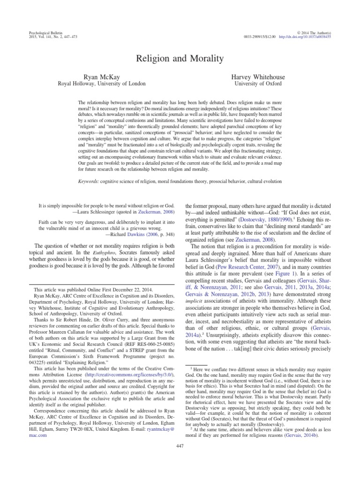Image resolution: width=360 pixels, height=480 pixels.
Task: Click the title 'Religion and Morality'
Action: [x=180, y=59]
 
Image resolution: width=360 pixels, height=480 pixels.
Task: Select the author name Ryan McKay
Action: [x=101, y=75]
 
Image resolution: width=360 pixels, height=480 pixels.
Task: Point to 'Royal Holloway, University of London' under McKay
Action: [x=101, y=83]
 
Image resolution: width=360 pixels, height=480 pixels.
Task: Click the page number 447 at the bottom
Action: [x=180, y=459]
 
